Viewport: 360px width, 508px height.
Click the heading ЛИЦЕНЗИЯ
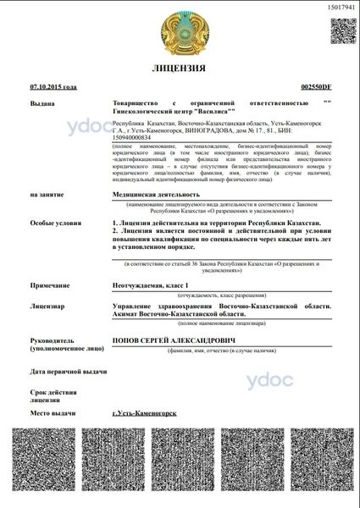coord(179,68)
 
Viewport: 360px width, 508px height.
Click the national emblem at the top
coord(179,29)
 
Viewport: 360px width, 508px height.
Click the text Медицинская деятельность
coord(155,193)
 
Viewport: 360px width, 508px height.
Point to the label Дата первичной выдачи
coord(68,372)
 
